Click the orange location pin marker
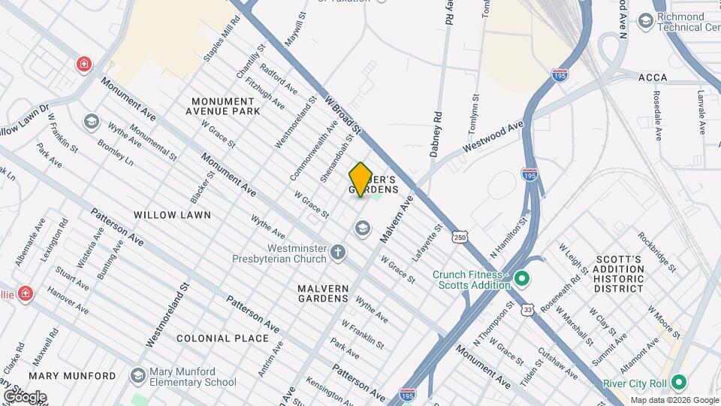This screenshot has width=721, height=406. (x=361, y=179)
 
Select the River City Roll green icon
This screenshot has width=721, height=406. (x=679, y=382)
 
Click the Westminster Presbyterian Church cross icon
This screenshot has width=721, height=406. (x=338, y=252)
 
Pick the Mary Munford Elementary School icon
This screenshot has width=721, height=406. (x=137, y=375)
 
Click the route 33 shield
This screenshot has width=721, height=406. (x=529, y=308)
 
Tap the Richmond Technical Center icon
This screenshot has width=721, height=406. (x=644, y=20)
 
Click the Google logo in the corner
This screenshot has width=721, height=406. (x=25, y=396)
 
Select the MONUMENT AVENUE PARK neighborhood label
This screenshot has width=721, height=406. (x=226, y=106)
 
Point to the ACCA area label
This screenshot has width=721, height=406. (x=653, y=77)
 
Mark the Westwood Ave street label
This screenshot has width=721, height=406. (x=493, y=135)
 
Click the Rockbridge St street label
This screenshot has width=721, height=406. (x=658, y=251)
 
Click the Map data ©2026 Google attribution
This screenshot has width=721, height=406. (x=674, y=400)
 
